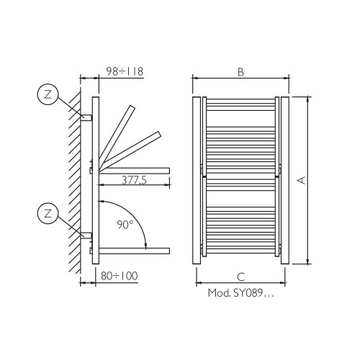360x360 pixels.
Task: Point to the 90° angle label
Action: (x=125, y=225)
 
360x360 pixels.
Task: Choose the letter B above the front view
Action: (x=241, y=71)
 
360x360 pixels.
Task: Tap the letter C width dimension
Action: (x=240, y=276)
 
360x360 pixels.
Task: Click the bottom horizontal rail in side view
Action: (x=132, y=250)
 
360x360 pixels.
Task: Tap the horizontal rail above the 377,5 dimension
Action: (x=133, y=170)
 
